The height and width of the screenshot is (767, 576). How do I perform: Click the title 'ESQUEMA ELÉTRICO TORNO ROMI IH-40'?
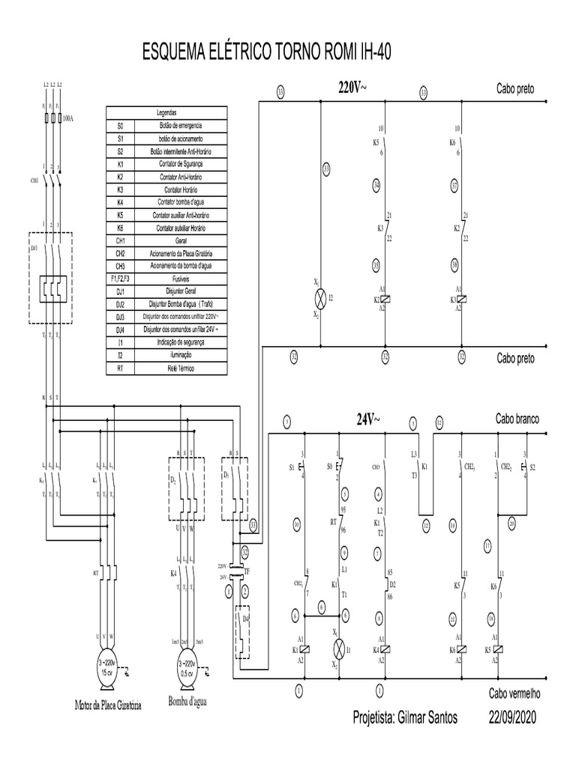266,53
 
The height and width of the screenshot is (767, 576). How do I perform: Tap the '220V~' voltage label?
353,88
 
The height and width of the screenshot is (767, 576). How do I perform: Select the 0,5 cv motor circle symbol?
185,667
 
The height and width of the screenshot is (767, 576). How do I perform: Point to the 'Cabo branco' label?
517,419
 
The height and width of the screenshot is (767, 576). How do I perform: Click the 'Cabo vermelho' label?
514,693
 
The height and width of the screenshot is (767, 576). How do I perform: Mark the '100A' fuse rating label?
69,118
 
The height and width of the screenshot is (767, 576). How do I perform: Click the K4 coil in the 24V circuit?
380,650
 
